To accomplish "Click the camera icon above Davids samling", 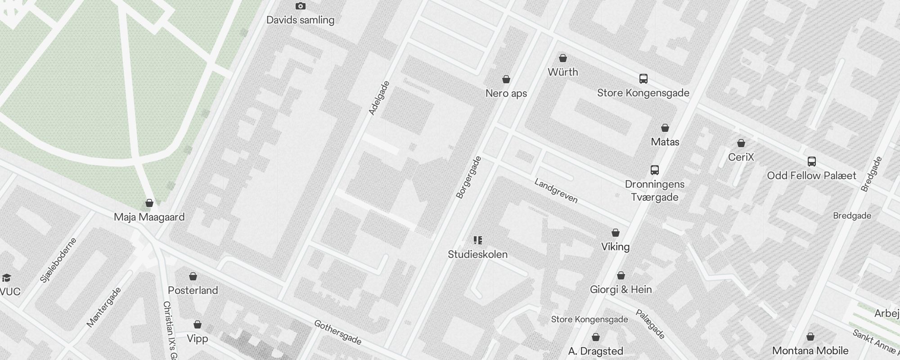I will tap(300, 6).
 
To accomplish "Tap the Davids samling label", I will tap(300, 20).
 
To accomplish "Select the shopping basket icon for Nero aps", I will tap(506, 80).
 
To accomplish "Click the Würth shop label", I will tap(562, 72).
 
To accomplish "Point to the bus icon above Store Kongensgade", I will tap(643, 79).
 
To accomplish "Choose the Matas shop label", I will tap(665, 142).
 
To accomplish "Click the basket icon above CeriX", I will tap(741, 143).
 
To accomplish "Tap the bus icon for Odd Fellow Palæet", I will tap(811, 162).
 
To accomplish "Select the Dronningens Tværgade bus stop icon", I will tap(655, 170).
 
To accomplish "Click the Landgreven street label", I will tap(556, 191).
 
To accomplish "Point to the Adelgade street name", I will tap(378, 98).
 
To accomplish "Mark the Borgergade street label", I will tap(468, 177).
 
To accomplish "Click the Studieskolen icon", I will tap(478, 240).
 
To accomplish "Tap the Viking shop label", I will tap(615, 247).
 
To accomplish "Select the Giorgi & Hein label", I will tap(621, 289).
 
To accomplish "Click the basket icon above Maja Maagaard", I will tap(149, 203).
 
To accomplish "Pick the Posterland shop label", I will tap(193, 290).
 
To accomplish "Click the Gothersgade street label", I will tap(337, 332).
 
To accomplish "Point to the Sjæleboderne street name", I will tap(58, 261).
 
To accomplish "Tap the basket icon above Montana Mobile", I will tap(810, 337).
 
